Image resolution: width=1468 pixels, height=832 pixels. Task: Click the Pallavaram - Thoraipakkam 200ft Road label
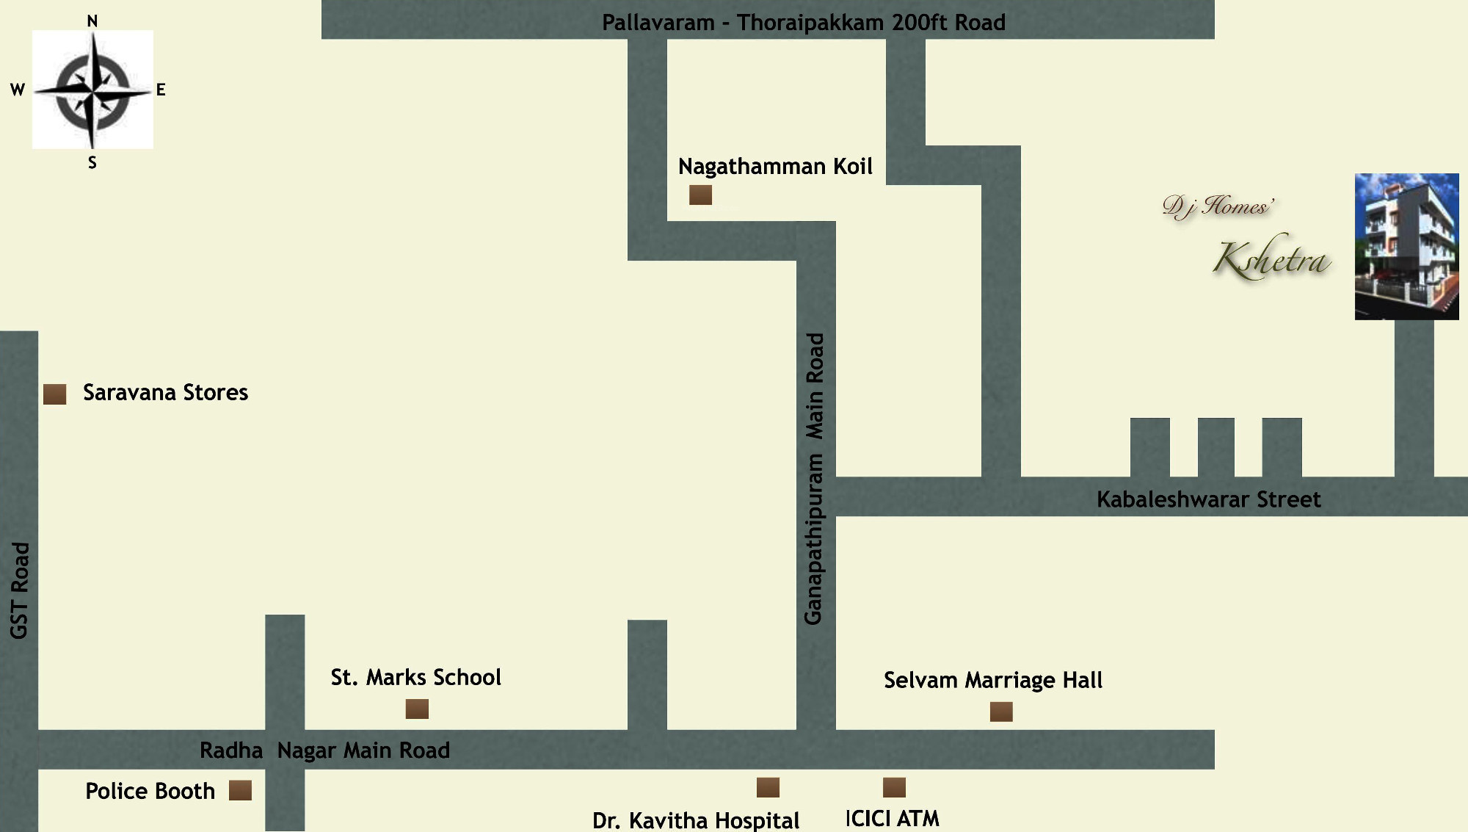803,23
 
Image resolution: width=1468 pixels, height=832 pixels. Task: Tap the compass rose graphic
92,90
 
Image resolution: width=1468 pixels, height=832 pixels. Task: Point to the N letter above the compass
92,21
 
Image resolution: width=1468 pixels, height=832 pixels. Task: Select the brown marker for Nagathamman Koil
700,195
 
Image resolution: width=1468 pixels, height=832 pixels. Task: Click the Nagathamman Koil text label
775,167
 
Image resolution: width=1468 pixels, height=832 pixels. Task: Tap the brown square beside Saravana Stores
54,394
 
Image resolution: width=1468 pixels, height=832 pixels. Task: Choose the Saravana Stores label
165,393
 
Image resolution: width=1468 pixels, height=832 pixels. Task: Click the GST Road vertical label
20,590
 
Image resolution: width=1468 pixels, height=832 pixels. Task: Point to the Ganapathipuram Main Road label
815,479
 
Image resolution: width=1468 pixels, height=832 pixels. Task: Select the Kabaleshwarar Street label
1208,499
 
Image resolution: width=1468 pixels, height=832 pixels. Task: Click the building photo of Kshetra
1406,246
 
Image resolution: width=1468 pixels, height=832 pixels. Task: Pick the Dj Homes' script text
1218,206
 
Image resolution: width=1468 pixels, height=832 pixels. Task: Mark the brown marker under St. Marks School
417,709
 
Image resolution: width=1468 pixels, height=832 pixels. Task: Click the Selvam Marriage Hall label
992,680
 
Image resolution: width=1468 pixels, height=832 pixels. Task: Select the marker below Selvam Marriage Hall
1001,712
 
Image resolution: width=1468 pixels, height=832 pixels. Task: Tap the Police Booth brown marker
240,790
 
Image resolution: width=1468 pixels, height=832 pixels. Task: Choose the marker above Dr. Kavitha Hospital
768,787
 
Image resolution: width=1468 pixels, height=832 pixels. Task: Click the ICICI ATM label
892,818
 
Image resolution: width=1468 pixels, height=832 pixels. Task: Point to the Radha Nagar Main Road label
324,750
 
